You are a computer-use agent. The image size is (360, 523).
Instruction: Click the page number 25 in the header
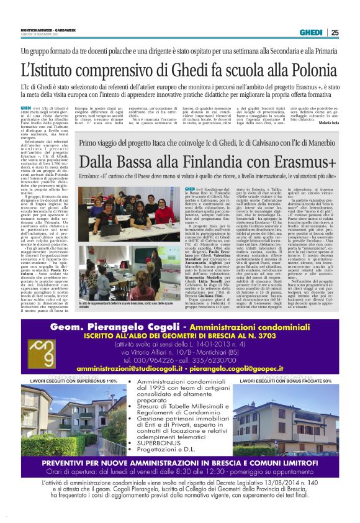pos(335,32)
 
